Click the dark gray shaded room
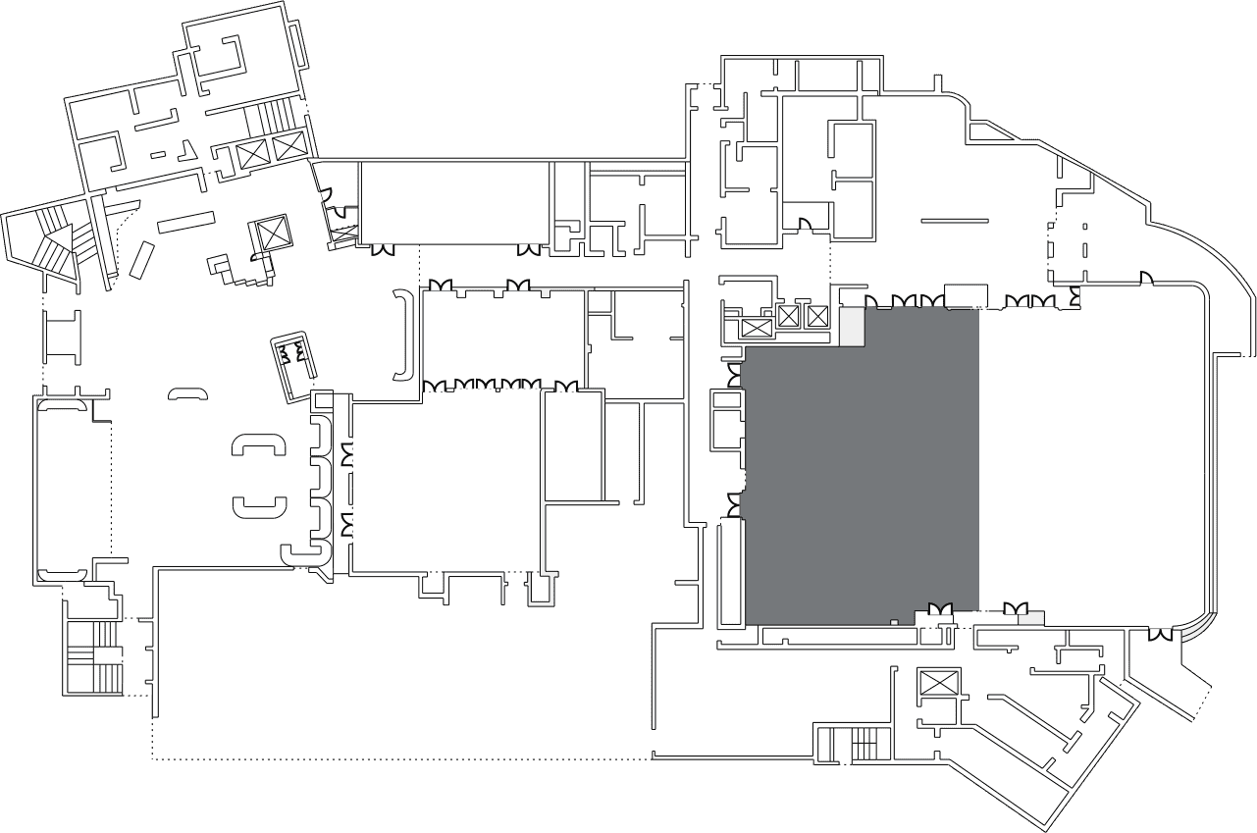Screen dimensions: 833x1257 (862, 466)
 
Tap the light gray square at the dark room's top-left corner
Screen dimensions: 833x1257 (850, 327)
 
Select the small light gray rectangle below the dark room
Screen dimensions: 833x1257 (1029, 618)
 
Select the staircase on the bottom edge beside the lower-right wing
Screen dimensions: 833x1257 (854, 745)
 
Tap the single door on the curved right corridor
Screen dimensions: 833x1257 (1145, 280)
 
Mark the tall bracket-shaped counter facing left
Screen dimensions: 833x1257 (401, 335)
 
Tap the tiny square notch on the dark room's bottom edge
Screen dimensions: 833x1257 (893, 622)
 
